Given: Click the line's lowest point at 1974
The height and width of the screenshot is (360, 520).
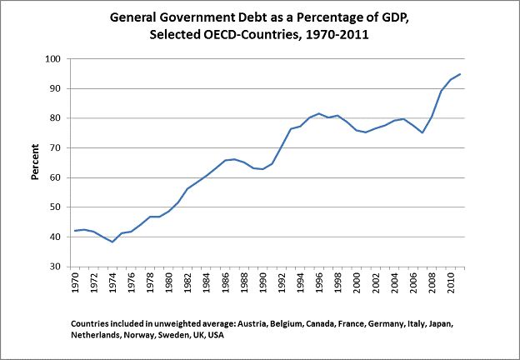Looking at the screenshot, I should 112,242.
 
